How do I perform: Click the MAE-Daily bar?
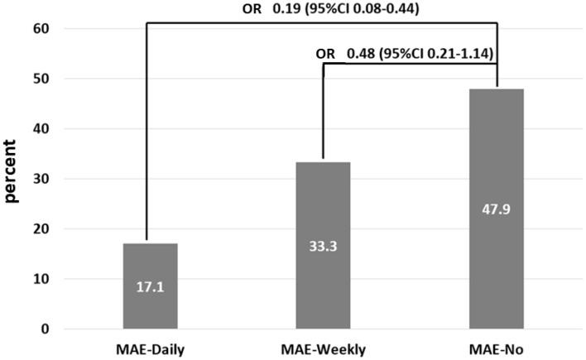coord(150,286)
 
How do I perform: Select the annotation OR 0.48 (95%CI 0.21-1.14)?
coord(405,54)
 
